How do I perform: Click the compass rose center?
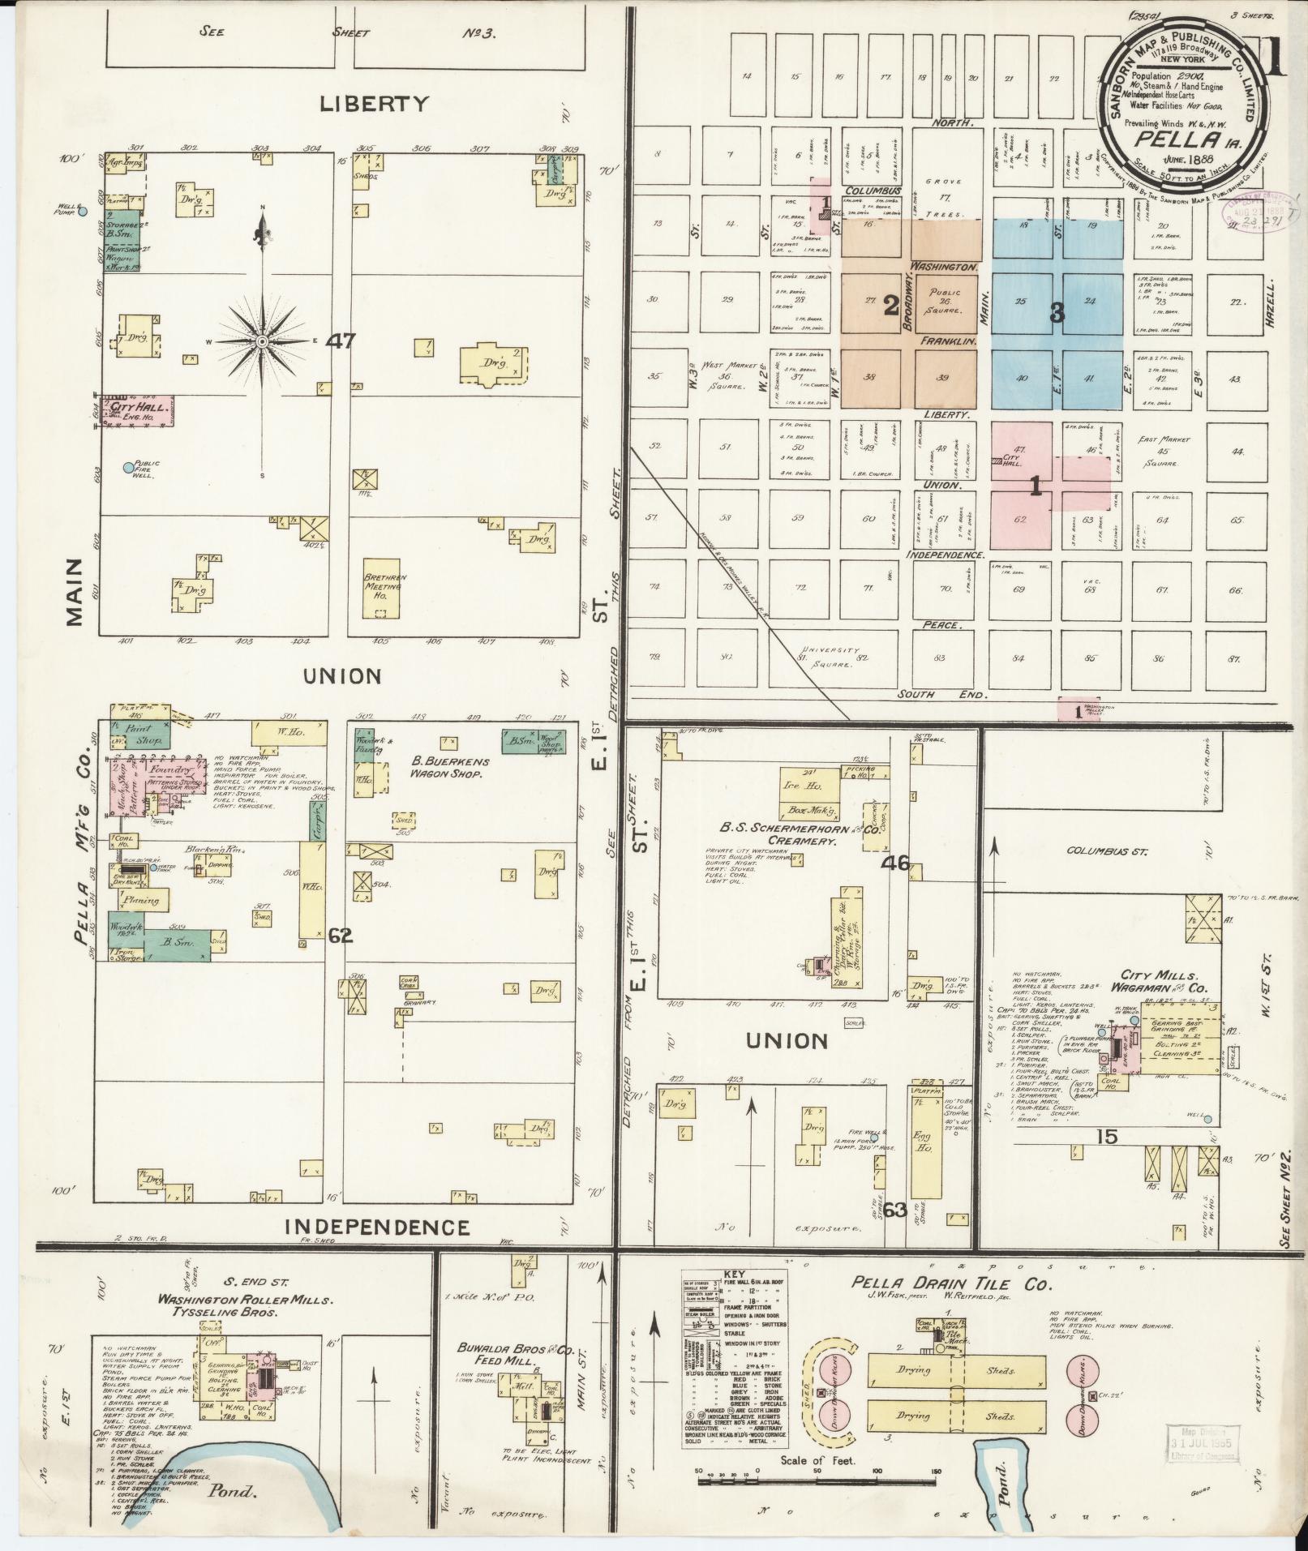[263, 343]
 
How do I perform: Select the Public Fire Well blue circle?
[127, 467]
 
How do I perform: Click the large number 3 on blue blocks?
[1057, 313]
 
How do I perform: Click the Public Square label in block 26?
[946, 301]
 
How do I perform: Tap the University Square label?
[828, 657]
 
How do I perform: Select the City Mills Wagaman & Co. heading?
[1159, 981]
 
